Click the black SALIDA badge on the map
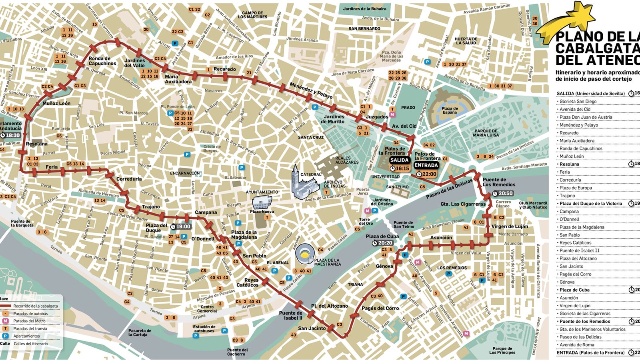click(x=400, y=160)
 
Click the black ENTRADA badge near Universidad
click(x=426, y=165)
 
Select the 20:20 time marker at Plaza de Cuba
click(x=382, y=243)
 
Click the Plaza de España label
click(x=450, y=110)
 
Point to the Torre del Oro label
click(x=364, y=221)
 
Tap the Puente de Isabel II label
click(x=291, y=315)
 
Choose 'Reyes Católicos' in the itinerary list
click(x=575, y=243)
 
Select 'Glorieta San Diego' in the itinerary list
click(x=578, y=102)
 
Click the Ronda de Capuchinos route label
click(x=102, y=61)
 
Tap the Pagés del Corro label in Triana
click(x=380, y=308)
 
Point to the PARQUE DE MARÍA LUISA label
click(x=486, y=133)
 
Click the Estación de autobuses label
click(x=204, y=329)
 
